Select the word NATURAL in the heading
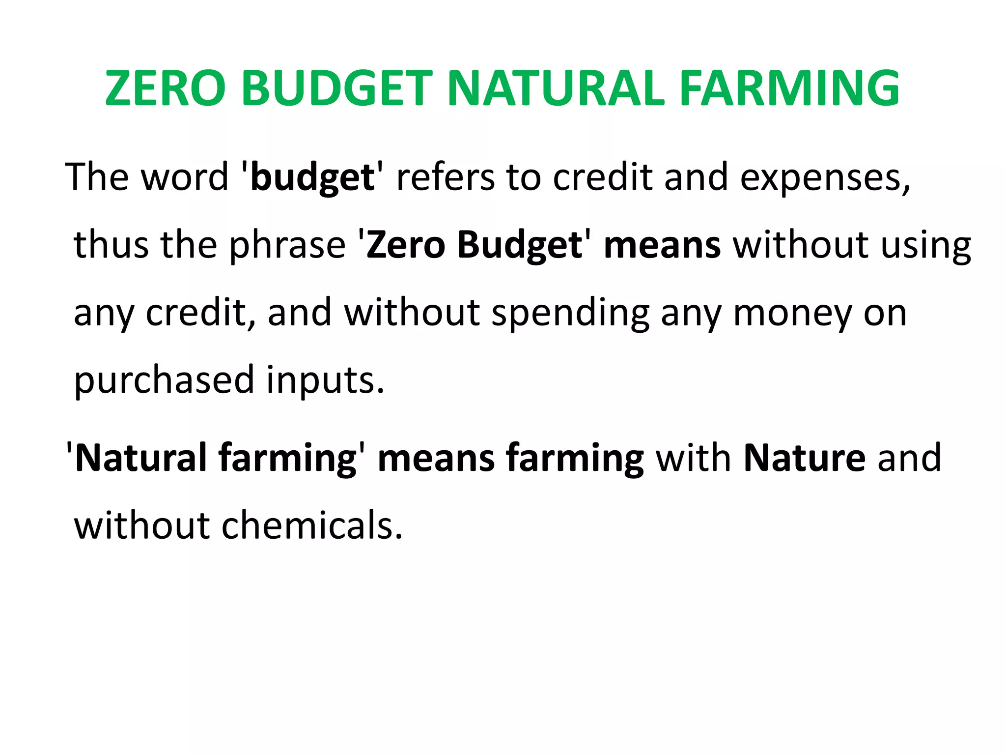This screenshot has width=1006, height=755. [556, 88]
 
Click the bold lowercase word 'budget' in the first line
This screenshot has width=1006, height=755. [312, 178]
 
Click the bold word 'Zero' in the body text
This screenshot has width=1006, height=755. [406, 244]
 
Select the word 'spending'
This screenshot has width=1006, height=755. [570, 314]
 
